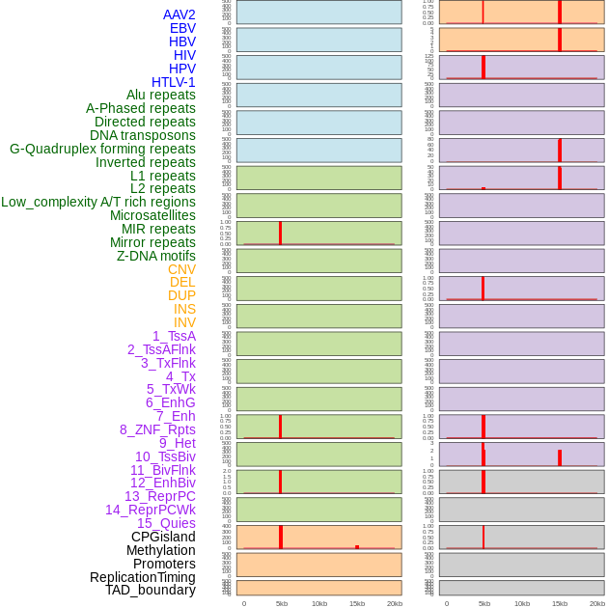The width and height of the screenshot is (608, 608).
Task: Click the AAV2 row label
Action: click(179, 14)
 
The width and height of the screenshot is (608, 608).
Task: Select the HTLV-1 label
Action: click(173, 82)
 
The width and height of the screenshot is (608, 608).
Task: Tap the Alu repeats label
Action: click(160, 95)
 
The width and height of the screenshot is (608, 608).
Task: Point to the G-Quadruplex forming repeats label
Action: click(102, 149)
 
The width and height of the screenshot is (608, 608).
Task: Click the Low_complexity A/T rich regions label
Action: click(97, 202)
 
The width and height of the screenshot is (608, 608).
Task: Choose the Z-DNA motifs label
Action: click(155, 256)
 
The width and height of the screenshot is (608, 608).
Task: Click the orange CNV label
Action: click(181, 269)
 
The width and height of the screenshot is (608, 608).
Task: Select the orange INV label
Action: click(184, 322)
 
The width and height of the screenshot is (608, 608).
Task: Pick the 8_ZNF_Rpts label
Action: click(157, 429)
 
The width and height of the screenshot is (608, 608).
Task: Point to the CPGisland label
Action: click(163, 537)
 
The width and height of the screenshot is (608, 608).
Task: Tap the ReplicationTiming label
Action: click(142, 577)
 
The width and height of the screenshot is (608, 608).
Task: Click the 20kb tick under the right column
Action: click(597, 603)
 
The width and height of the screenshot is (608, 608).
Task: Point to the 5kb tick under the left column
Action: click(282, 603)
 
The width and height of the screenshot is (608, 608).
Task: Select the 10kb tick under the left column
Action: click(319, 603)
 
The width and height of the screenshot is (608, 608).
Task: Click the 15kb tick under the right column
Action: click(560, 603)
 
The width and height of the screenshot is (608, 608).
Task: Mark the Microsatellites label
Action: click(152, 215)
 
